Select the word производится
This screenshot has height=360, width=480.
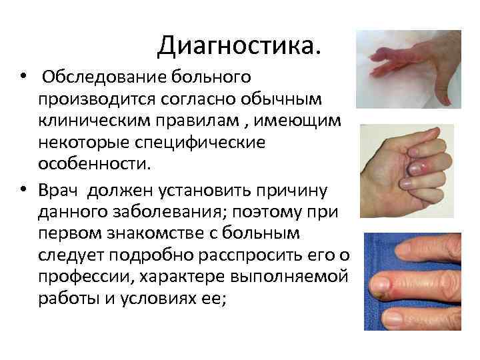pos(96,99)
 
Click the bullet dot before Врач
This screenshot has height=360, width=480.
pos(23,191)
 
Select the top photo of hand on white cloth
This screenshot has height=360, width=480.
pos(417,69)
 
